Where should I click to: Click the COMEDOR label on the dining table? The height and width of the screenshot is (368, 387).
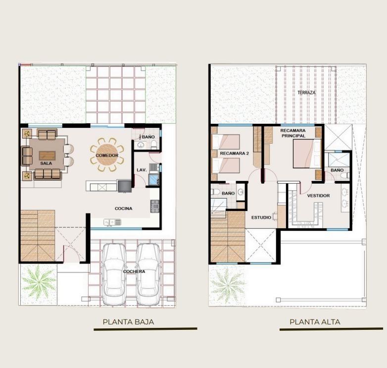tap(107, 156)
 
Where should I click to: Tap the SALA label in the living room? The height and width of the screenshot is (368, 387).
tap(46, 163)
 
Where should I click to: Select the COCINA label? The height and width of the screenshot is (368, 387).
tap(123, 209)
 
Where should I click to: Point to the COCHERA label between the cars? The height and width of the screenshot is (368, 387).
tap(134, 271)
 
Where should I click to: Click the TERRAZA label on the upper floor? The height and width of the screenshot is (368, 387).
tap(306, 93)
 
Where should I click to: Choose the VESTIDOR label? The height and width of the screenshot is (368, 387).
tap(318, 196)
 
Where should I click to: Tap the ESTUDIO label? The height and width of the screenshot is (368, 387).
tap(261, 217)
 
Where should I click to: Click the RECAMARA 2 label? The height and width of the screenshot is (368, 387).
tap(234, 154)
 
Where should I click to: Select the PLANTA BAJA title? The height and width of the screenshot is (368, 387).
tap(128, 322)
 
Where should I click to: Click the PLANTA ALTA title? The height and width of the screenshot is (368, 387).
tap(315, 322)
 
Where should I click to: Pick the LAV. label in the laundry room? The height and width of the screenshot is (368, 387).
tap(142, 170)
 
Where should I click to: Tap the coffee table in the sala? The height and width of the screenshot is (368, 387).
tap(48, 156)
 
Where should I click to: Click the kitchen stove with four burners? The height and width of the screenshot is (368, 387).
tap(155, 206)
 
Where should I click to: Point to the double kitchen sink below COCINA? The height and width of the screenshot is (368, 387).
tap(112, 222)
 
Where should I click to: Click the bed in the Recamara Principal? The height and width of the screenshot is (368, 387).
tap(307, 154)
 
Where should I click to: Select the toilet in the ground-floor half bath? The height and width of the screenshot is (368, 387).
tap(154, 145)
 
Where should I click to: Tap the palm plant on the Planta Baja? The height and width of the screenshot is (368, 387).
tap(38, 282)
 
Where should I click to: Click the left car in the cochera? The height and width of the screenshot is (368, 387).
tap(114, 274)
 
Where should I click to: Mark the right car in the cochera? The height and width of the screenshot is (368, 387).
tap(148, 274)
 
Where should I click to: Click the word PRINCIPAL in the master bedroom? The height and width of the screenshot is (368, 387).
tap(293, 136)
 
